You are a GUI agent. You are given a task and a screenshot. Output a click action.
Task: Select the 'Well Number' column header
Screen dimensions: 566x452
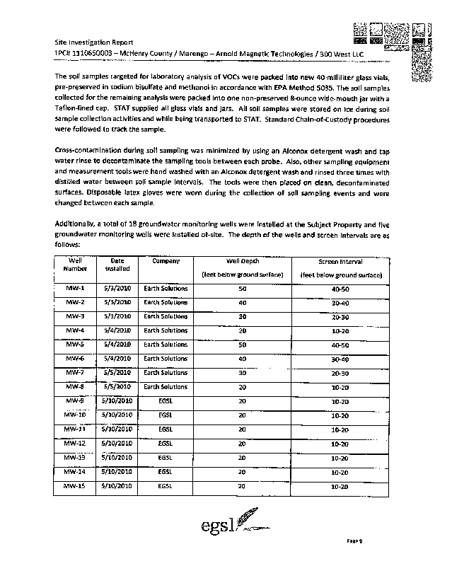75,265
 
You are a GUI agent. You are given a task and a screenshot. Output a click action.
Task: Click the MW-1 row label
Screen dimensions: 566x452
75,289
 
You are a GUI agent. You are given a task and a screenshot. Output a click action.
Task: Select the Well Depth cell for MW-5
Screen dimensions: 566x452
242,345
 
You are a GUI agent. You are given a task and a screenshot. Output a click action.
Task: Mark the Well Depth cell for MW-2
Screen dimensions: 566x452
242,302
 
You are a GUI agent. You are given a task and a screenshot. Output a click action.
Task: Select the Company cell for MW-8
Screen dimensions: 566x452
166,386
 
